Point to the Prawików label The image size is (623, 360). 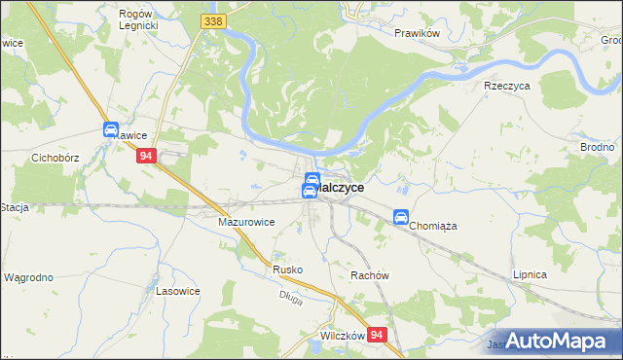418,33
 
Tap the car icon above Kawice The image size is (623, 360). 111,130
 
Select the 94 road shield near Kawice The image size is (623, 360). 146,156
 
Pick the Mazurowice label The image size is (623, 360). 245,222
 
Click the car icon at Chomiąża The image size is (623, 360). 400,218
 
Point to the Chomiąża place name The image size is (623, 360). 433,225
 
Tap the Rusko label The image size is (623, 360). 288,270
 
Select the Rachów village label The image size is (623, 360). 370,275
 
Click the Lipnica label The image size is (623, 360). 530,275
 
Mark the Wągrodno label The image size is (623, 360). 28,277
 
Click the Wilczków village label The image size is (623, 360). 342,336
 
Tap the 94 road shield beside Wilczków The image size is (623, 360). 379,335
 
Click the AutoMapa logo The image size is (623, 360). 560,341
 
